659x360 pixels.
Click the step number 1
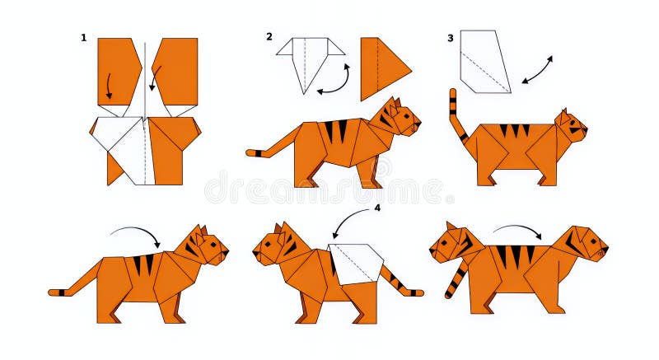pos(83,37)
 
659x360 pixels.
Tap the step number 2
pos(269,36)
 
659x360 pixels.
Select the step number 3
pos(450,38)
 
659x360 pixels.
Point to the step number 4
pos(377,208)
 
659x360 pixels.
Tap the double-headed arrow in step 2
pos(335,80)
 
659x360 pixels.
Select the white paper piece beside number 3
pos(484,61)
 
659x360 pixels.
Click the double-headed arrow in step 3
pos(537,70)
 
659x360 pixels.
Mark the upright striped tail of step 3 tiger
pos(456,115)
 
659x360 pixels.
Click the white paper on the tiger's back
pos(357,263)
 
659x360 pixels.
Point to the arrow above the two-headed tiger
pos(517,231)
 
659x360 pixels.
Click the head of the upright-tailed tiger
pos(570,126)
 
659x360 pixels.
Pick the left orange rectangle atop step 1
pos(117,69)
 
